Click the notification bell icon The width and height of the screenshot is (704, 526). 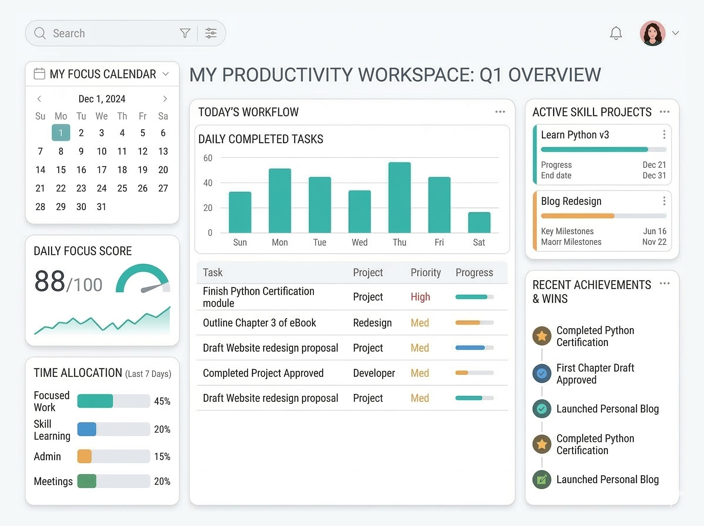tap(616, 33)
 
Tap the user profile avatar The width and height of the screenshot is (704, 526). tap(652, 33)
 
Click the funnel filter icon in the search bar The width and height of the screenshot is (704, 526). tap(185, 33)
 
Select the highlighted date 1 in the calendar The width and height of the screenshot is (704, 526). tap(61, 133)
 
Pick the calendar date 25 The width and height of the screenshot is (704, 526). tap(122, 188)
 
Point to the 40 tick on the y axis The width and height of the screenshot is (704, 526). tap(208, 183)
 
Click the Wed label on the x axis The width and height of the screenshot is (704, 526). tap(359, 242)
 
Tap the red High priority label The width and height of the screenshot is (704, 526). tap(420, 297)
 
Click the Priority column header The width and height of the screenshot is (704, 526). tap(425, 273)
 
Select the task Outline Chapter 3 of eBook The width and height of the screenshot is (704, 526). tap(259, 323)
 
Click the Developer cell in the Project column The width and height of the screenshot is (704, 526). tap(374, 373)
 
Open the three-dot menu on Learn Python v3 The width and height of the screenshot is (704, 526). tap(664, 135)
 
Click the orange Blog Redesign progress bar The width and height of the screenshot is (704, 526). tap(577, 216)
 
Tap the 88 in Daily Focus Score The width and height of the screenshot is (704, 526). tap(50, 281)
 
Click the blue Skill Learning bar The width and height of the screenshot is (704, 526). tap(87, 429)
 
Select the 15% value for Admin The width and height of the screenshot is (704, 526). tap(162, 457)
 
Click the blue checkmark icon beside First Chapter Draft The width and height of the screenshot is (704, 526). tap(542, 373)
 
